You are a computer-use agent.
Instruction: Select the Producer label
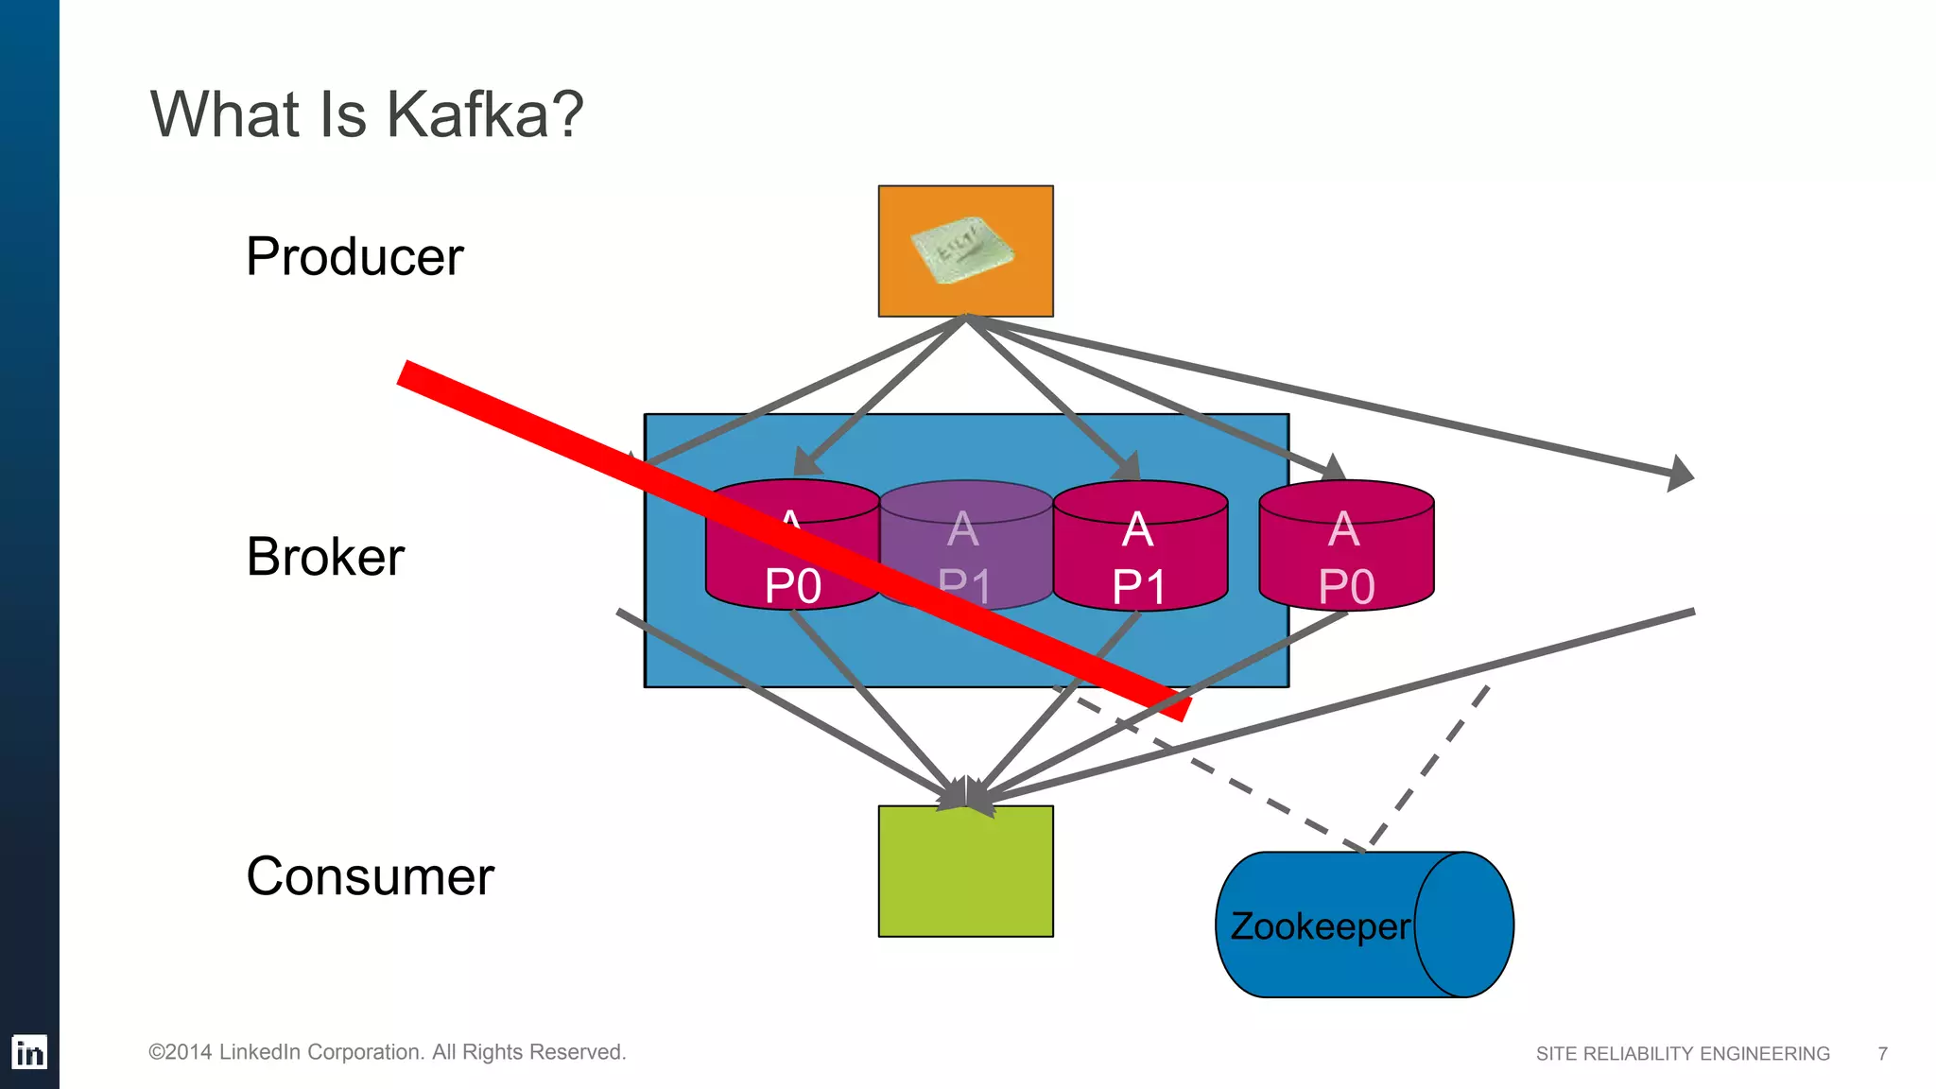[x=354, y=256]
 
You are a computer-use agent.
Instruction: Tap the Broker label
[x=325, y=556]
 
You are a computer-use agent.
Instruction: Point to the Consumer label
[x=370, y=876]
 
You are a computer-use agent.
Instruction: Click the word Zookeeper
[x=1320, y=926]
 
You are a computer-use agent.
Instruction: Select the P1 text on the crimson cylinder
[x=1139, y=587]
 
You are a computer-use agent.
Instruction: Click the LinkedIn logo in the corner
[x=29, y=1052]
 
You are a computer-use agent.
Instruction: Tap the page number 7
[x=1882, y=1053]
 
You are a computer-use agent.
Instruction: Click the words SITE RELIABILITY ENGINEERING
[x=1683, y=1053]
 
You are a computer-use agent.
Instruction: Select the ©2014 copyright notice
[x=387, y=1052]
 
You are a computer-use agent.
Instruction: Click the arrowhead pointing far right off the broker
[x=1680, y=473]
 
